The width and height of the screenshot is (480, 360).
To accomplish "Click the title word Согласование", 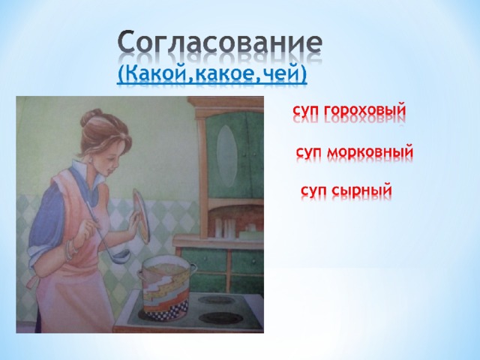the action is pyautogui.click(x=220, y=42).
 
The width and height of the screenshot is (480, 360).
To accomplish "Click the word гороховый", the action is pyautogui.click(x=365, y=111).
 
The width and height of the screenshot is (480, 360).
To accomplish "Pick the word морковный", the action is pyautogui.click(x=370, y=152).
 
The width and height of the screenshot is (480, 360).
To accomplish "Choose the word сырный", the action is pyautogui.click(x=362, y=190).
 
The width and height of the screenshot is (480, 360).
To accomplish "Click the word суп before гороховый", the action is pyautogui.click(x=307, y=112).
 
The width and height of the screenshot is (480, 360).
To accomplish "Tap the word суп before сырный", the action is pyautogui.click(x=314, y=191).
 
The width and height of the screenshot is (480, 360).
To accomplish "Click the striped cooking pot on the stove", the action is pyautogui.click(x=166, y=287).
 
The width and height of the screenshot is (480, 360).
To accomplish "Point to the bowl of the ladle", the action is pyautogui.click(x=123, y=256).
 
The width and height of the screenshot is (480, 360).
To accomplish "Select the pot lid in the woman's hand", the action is pyautogui.click(x=142, y=215).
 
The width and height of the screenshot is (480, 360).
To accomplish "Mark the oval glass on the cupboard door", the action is pyautogui.click(x=226, y=156).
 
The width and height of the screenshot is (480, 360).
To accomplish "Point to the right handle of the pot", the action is pyautogui.click(x=193, y=268).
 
